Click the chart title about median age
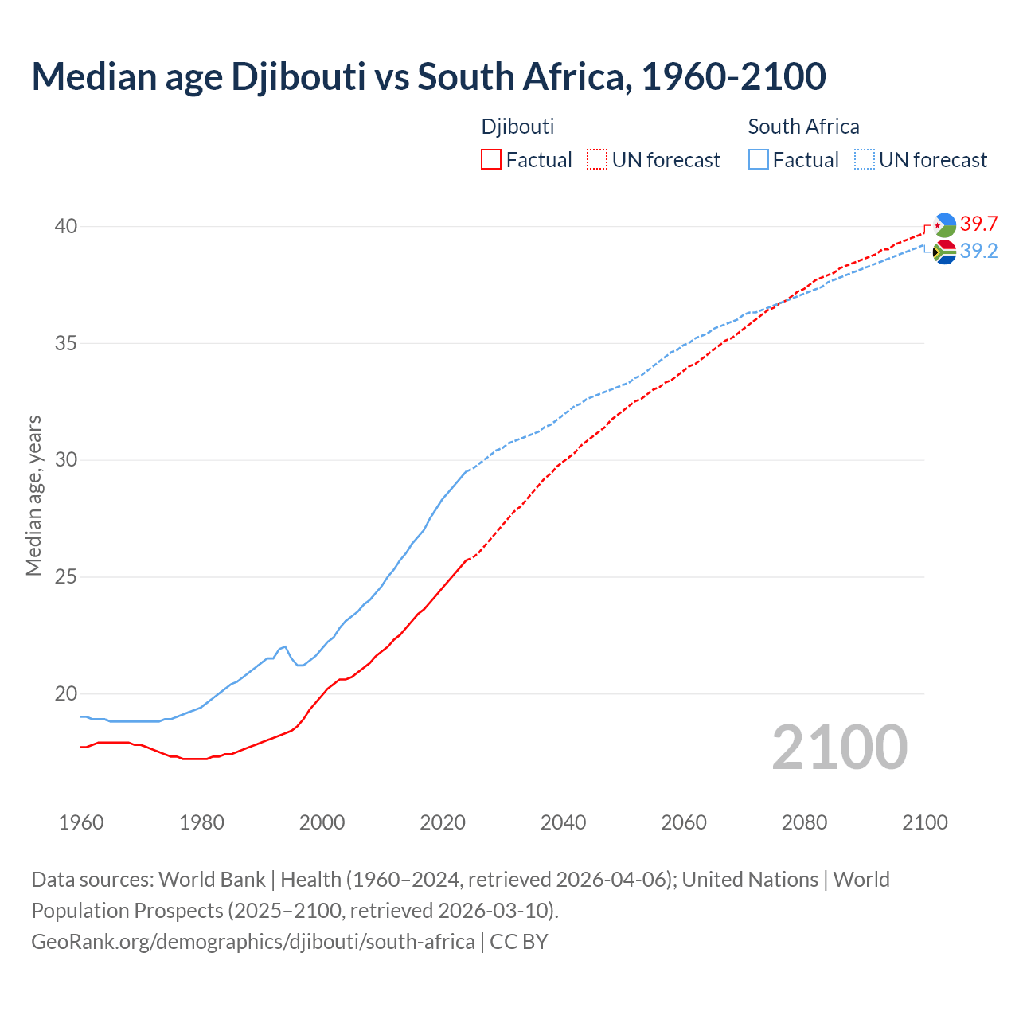(428, 76)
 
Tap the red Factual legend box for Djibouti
(491, 159)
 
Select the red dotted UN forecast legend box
(597, 159)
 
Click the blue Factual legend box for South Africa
(759, 159)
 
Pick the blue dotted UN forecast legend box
(865, 159)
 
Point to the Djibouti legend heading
(517, 127)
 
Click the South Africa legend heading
(803, 127)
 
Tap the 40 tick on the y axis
(66, 227)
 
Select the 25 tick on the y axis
(66, 577)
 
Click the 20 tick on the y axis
(66, 693)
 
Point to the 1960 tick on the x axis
(81, 822)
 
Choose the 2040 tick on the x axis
(563, 822)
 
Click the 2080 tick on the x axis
(804, 822)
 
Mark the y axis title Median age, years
(33, 495)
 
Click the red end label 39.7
(978, 224)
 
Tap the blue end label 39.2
(978, 252)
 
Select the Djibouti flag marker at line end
(944, 225)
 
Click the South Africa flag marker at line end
(944, 252)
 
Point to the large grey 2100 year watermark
(839, 747)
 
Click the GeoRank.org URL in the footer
(253, 942)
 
